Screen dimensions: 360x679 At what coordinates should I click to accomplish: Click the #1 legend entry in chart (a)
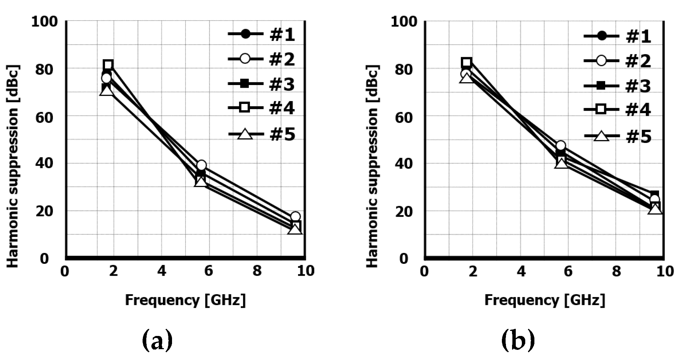tap(261, 35)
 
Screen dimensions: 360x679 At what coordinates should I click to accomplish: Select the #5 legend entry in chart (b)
tap(617, 136)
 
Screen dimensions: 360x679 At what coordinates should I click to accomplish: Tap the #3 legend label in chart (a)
tap(282, 84)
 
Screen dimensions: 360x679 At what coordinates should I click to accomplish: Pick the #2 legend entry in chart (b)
tap(617, 61)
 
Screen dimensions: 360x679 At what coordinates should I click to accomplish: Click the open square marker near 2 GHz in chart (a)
tap(108, 65)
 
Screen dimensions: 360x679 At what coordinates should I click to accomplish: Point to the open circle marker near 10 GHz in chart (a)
tap(295, 217)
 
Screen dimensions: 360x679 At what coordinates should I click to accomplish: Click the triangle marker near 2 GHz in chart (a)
tap(106, 90)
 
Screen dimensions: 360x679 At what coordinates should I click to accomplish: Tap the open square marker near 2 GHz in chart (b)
tap(467, 62)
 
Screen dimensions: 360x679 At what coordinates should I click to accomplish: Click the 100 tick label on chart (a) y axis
tap(45, 22)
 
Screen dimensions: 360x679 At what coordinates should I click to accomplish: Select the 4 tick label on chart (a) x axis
tap(162, 271)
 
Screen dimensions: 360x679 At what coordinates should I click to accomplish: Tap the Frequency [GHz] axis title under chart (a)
tap(185, 300)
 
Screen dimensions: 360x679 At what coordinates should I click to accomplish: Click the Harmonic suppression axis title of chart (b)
tap(372, 166)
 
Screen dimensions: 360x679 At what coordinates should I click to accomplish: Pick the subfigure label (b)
tap(518, 341)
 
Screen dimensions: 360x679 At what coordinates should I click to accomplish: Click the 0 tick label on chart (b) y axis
tap(413, 259)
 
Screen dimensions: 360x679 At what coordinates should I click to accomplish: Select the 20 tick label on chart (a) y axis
tap(45, 211)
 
